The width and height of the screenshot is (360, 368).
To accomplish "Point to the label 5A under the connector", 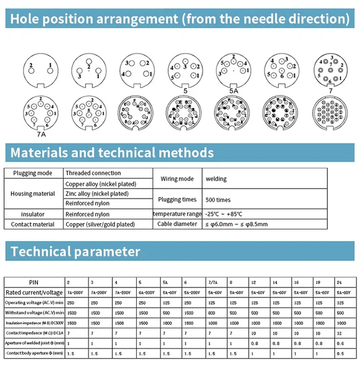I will point(233,90).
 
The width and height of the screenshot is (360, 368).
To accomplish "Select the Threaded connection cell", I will point(93,173).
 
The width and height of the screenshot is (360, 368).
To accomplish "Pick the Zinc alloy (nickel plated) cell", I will point(97,194).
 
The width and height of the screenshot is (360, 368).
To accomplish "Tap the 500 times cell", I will point(219,200).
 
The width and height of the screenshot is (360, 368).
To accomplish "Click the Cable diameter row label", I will point(177,224).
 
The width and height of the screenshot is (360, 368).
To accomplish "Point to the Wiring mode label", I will point(177,179).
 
